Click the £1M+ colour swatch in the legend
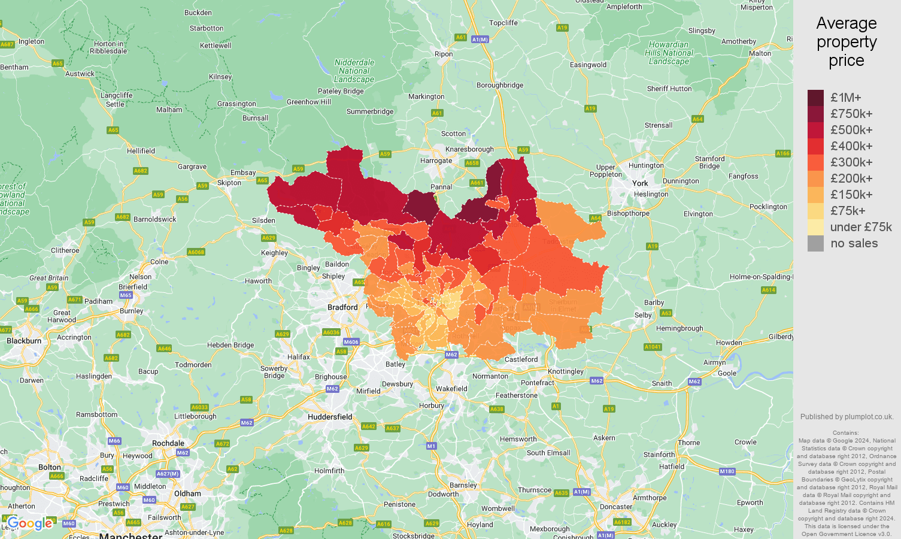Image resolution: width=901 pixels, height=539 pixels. pos(815,98)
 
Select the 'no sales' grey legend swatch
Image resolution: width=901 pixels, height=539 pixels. pos(815,243)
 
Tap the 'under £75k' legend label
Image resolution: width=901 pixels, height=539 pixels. pos(860,227)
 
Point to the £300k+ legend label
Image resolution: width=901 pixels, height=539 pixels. pos(851,162)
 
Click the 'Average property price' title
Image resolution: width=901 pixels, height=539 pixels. pos(846,42)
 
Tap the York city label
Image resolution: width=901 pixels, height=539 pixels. pos(640,183)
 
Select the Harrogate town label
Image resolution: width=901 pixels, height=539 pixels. pos(436,161)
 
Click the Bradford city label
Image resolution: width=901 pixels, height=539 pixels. pos(342,307)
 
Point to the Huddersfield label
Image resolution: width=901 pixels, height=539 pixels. pos(330,417)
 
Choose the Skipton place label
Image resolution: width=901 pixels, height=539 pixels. pos(229,183)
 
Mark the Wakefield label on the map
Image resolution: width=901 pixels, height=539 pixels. pos(451,389)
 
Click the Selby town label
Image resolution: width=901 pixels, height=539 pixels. pos(643,315)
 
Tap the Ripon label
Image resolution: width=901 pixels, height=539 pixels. pos(444,54)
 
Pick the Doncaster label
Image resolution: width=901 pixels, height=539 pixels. pos(616,507)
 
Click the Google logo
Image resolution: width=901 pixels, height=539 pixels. pos(30,523)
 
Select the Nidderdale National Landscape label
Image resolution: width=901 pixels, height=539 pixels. pos(354,71)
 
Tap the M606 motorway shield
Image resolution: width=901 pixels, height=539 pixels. pos(351,342)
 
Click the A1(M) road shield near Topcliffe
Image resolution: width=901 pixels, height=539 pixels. pos(480,40)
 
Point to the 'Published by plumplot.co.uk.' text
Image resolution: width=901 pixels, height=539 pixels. pos(847,417)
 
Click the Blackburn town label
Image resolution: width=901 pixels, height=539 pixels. pos(24,341)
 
